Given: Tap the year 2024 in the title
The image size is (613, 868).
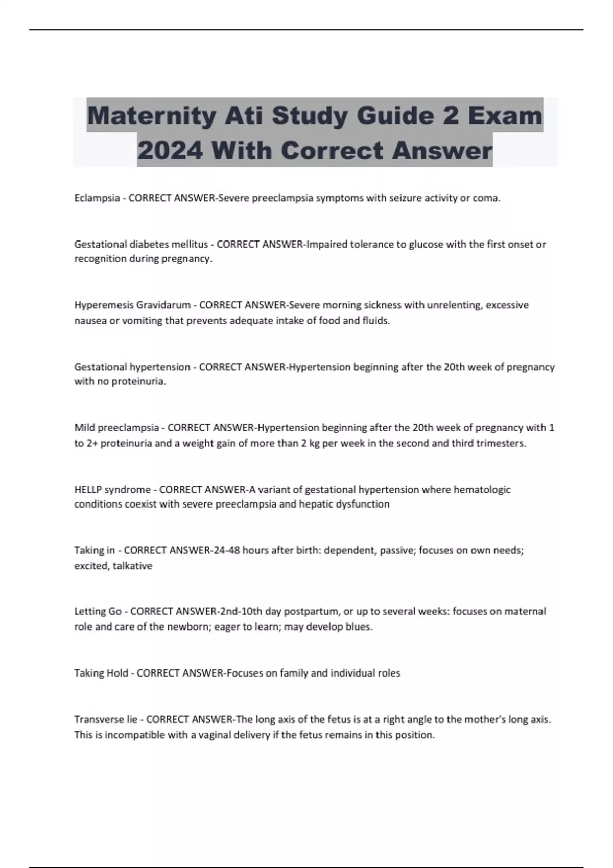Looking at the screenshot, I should [170, 151].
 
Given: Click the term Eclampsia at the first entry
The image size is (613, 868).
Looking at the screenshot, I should [97, 198].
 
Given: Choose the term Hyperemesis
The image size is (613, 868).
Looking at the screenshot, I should [104, 305].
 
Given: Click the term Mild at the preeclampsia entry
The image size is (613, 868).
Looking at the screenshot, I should [84, 427].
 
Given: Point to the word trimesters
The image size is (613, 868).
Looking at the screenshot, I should [500, 443].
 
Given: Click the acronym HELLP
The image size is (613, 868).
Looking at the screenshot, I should [88, 490].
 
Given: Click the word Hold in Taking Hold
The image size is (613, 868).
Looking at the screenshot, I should [117, 673].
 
